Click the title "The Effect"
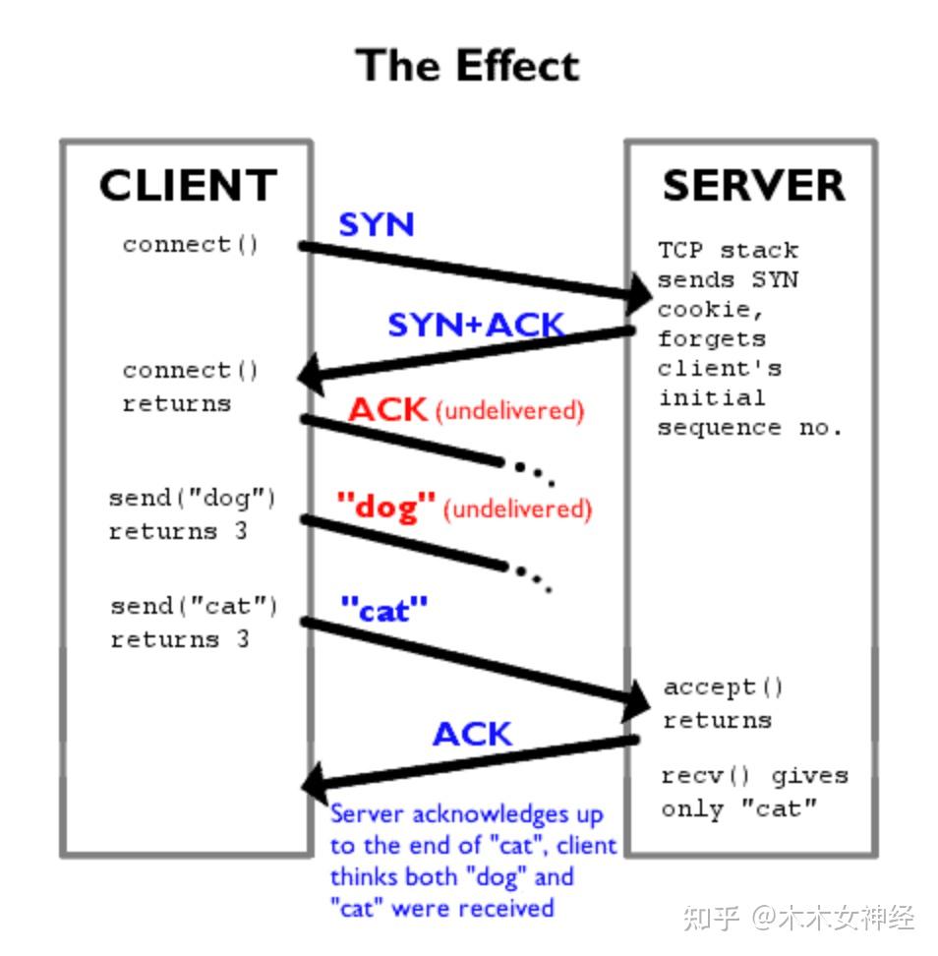468,67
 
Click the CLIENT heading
188,186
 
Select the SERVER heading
753,186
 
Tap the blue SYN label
377,225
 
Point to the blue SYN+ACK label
476,325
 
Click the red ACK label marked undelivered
387,410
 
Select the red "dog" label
385,508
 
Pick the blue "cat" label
384,610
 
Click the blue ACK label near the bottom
472,735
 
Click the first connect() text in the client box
191,244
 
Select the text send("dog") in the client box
193,498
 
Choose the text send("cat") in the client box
194,606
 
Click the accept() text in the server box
723,687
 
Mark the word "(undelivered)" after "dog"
517,509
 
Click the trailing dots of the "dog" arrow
532,578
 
